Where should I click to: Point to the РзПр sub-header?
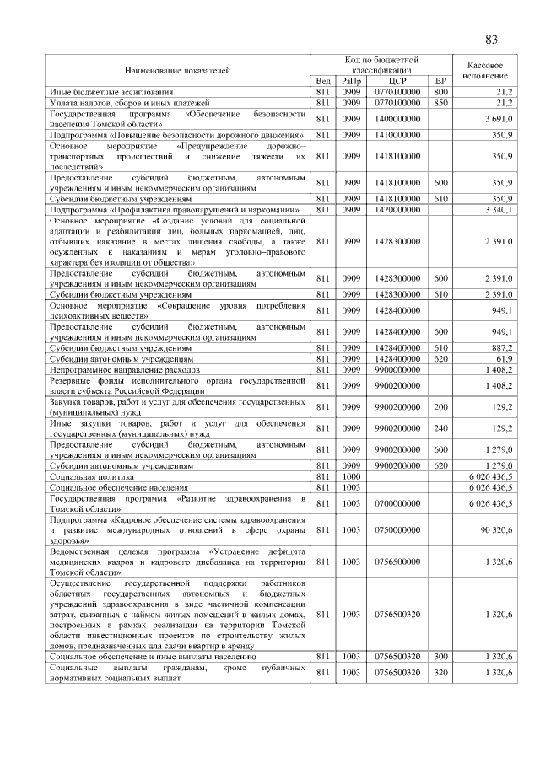[351, 81]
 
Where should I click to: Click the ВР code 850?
[440, 101]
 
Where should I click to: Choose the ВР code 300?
[440, 655]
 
